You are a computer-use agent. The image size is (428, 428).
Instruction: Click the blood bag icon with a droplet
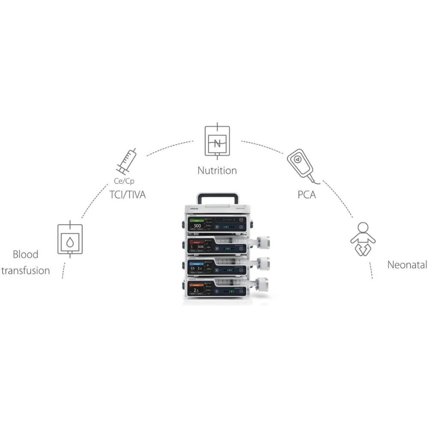point(70,240)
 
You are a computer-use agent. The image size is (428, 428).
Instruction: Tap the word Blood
point(25,255)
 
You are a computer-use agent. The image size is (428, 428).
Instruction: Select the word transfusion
point(25,271)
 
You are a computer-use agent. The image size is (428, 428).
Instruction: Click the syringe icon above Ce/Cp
point(126,161)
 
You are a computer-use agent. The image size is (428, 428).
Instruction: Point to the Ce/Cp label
point(124,181)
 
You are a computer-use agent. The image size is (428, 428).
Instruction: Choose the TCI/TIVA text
point(128,195)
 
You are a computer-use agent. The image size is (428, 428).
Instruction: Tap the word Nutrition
point(217,170)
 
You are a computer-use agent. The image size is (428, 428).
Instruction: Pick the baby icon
point(363,239)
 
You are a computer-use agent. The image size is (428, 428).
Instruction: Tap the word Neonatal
point(407,265)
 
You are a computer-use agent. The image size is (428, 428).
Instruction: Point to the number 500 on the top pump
point(197,226)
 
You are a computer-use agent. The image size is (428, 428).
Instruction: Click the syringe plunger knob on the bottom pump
point(262,284)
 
